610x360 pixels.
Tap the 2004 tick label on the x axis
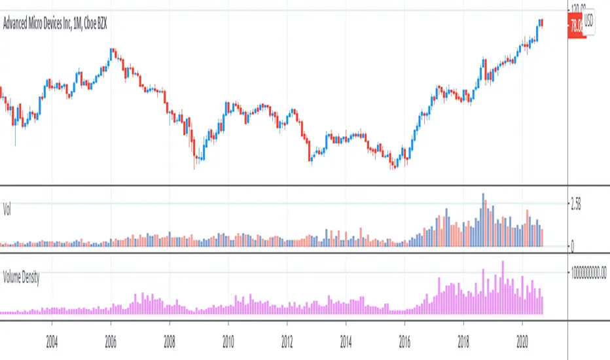coord(52,341)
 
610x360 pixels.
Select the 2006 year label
coord(111,341)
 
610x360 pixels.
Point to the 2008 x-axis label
coord(169,341)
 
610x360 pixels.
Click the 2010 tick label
coord(228,341)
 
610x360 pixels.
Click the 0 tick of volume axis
coord(573,247)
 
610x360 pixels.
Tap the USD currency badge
coord(588,20)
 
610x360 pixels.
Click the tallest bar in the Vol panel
coord(483,220)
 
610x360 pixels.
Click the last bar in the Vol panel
coord(542,238)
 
